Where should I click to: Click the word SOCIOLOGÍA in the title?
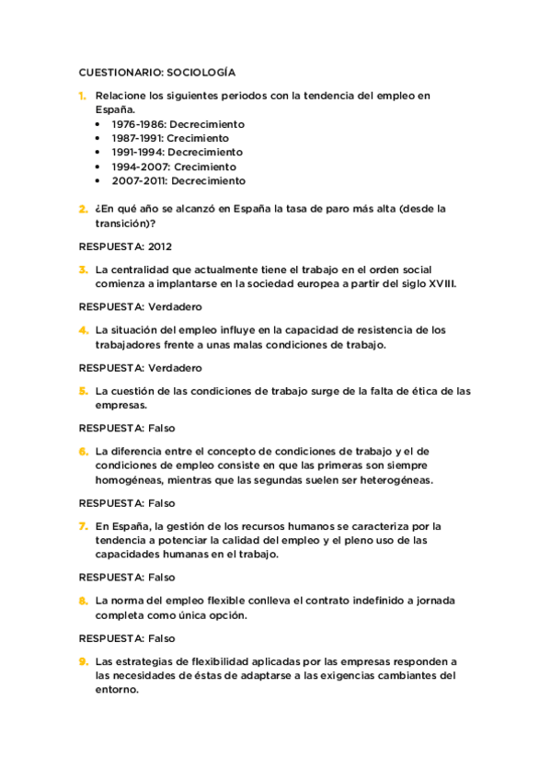coord(198,72)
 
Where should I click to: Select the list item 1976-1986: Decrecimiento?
coord(178,124)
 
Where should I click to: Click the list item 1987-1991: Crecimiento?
coord(170,138)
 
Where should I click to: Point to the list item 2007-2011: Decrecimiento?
coord(178,181)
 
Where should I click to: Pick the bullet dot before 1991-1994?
coord(99,153)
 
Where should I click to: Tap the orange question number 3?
coord(82,270)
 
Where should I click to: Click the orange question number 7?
coord(82,526)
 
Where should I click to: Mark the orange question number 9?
coord(82,661)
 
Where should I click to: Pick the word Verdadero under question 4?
coord(175,368)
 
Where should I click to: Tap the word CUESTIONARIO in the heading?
coord(116,72)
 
